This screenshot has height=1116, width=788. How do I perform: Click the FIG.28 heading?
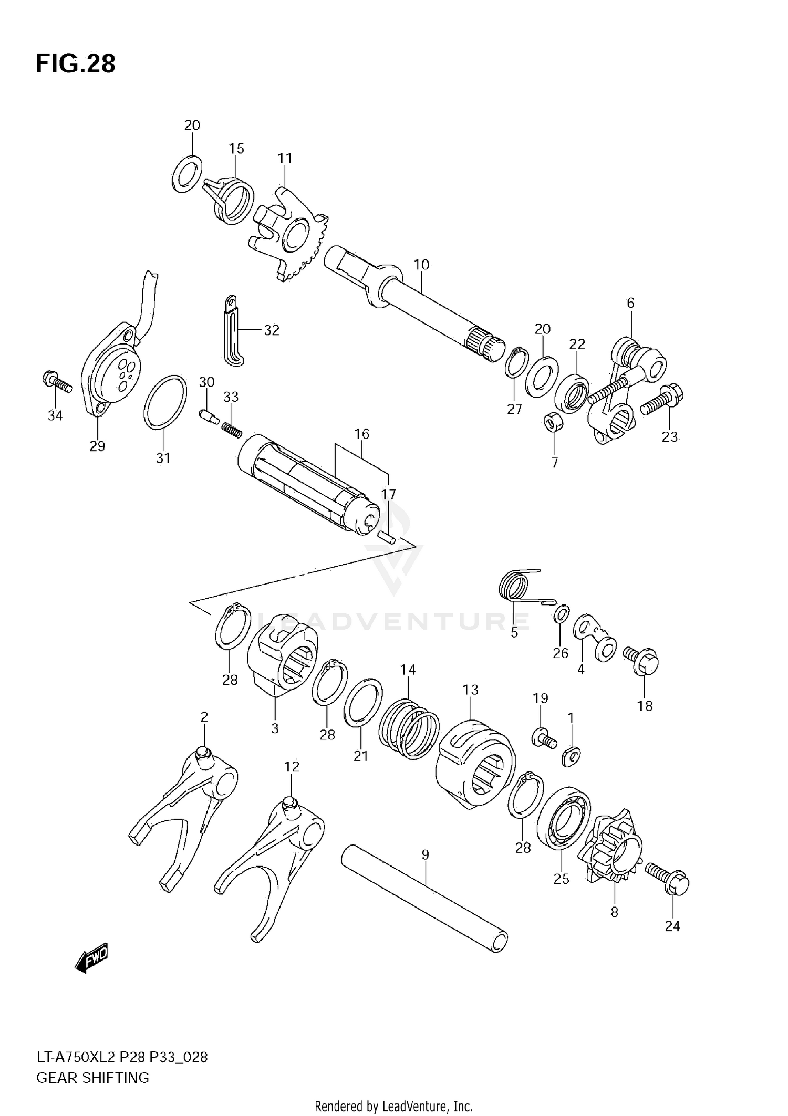coord(76,64)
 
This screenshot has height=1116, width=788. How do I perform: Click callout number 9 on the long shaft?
coord(425,855)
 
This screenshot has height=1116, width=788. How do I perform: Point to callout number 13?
coord(470,690)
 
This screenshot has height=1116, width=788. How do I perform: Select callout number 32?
coord(271,330)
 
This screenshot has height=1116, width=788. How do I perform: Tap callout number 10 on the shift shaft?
coord(421,265)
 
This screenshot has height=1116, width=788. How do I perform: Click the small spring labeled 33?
coord(231,428)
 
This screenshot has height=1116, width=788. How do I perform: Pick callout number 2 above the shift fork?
coord(204,717)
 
